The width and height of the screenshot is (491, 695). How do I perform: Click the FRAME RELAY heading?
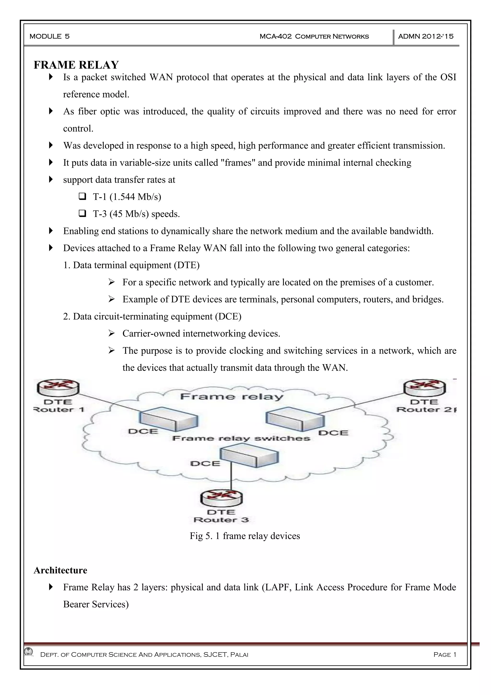click(x=76, y=65)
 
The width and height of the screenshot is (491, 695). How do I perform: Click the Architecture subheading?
click(x=60, y=570)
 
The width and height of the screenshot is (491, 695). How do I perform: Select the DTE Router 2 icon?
click(x=425, y=387)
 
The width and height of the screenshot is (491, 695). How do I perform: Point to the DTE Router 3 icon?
click(x=221, y=498)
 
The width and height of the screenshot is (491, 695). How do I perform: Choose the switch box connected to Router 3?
click(x=249, y=457)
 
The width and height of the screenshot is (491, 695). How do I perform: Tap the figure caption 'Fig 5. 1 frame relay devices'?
click(x=245, y=536)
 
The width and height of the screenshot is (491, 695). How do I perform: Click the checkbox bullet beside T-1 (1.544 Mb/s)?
click(x=82, y=197)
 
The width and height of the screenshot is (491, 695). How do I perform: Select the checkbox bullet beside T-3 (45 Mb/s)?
click(x=82, y=214)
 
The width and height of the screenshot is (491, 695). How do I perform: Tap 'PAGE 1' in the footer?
click(x=445, y=655)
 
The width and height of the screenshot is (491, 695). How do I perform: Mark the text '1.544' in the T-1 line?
click(x=124, y=197)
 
